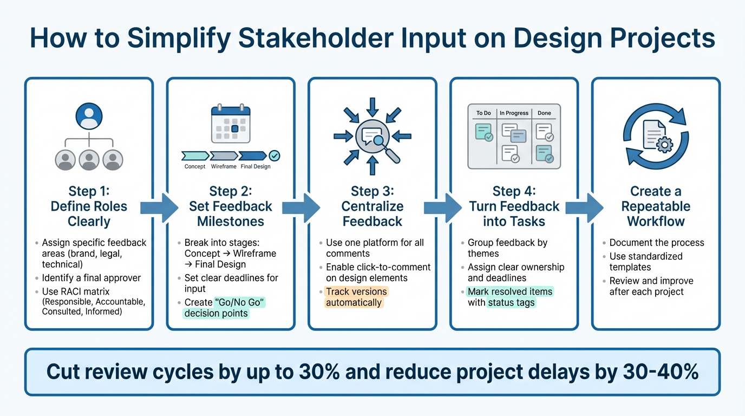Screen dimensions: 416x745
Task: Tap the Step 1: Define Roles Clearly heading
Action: (x=89, y=206)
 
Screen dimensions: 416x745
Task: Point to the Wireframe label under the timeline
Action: (x=224, y=166)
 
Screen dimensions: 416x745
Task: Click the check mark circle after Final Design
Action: (x=275, y=156)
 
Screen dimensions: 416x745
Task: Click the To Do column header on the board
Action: (x=483, y=113)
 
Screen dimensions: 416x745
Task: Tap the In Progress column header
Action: (x=514, y=113)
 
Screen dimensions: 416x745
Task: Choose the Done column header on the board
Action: (x=544, y=113)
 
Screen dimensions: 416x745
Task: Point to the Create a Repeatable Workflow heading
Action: (x=656, y=206)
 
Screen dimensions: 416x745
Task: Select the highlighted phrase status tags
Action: (x=511, y=303)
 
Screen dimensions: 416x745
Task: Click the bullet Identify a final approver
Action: (x=91, y=278)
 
